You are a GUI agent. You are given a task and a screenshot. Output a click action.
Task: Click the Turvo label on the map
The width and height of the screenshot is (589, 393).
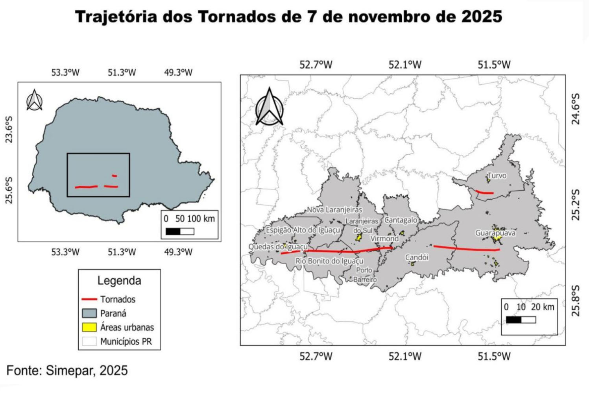497,176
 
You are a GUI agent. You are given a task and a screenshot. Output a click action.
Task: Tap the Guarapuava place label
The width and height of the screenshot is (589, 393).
495,233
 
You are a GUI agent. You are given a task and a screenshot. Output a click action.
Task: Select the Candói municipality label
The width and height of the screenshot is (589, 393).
417,257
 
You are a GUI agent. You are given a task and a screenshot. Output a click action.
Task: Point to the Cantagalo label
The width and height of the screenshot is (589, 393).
401,220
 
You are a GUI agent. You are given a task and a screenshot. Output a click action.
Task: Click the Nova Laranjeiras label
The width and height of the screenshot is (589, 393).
334,210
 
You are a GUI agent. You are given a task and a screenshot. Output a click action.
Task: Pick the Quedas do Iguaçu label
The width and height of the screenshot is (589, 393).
278,247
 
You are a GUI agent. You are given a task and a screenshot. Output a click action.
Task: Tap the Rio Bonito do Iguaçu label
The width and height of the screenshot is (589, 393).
330,261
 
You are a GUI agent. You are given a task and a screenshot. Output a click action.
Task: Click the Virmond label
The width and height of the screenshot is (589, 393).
384,238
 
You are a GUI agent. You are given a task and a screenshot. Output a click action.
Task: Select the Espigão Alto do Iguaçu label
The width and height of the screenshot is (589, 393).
303,230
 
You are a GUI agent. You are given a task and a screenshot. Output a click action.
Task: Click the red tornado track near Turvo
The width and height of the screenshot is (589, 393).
485,193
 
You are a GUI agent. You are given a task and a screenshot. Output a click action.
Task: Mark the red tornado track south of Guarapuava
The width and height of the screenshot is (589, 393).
466,248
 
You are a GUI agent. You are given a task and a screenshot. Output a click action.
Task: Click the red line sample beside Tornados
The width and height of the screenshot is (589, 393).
89,300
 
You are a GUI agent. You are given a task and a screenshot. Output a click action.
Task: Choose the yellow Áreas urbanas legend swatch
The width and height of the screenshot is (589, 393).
89,327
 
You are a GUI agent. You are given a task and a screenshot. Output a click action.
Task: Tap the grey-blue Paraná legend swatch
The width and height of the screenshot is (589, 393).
89,313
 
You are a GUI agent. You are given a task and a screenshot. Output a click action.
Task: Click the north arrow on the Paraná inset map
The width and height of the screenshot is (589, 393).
35,100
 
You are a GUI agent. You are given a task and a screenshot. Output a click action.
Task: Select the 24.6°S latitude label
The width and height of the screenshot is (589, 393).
575,114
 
